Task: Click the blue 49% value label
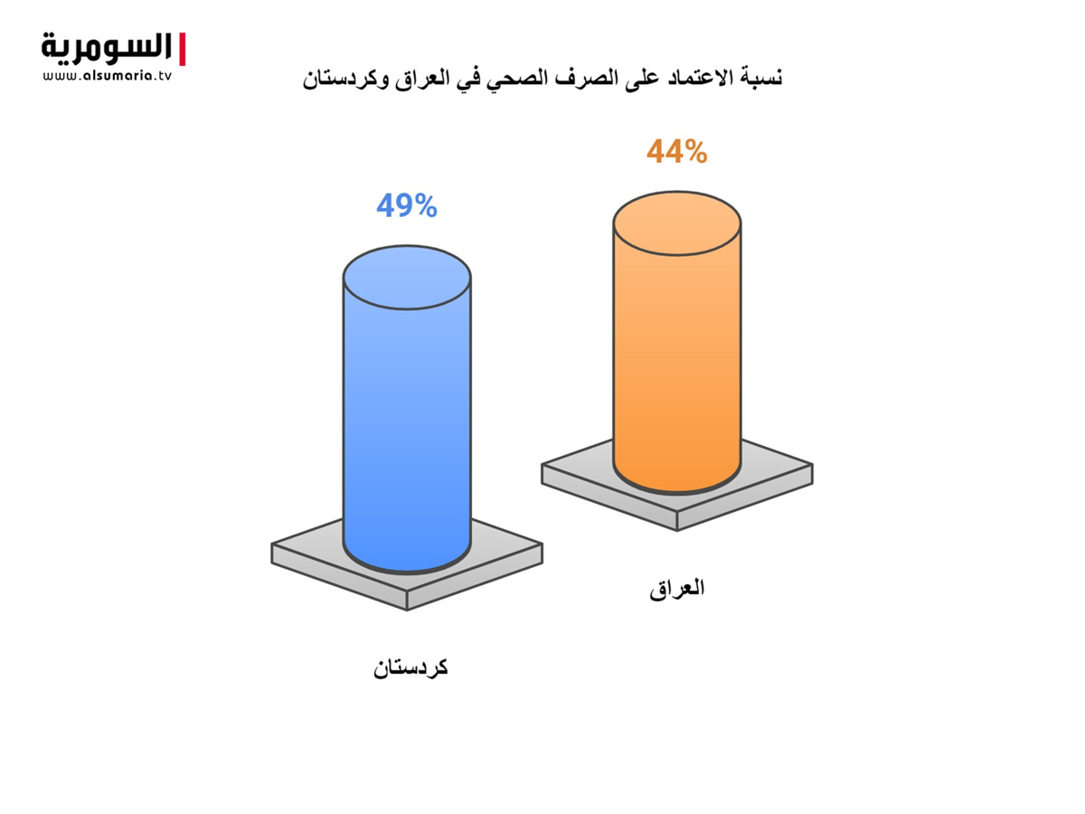407,205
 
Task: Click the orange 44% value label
676,151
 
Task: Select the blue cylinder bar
407,410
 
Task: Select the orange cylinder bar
677,342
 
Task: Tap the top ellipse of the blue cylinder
407,278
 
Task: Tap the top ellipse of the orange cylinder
677,223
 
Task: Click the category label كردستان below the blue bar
410,667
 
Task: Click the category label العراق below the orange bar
676,588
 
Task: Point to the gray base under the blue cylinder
407,583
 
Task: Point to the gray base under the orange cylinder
677,504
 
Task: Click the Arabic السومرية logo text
107,48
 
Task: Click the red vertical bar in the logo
182,49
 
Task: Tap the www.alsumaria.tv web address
107,76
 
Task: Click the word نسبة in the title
761,78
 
